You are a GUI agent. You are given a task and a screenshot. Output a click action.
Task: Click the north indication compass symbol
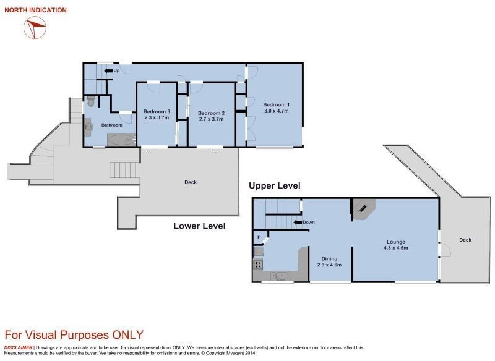[x=35, y=28]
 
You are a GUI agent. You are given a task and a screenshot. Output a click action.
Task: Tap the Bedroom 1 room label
[x=276, y=108]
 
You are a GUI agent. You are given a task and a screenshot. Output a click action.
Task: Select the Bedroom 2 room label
[x=211, y=116]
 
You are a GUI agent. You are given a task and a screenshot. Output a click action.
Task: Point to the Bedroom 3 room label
[x=157, y=114]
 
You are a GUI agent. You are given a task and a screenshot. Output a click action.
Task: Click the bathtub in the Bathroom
[x=121, y=140]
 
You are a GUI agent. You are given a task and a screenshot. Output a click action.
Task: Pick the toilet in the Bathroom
[x=90, y=101]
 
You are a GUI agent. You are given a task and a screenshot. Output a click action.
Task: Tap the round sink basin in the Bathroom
[x=88, y=127]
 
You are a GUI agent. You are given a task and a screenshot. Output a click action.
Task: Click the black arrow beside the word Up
[x=108, y=71]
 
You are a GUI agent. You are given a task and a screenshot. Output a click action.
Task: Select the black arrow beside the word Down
[x=298, y=223]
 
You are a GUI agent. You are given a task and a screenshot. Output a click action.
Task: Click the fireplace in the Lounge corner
[x=364, y=209]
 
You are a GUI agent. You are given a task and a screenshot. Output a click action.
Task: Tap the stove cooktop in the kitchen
[x=258, y=264]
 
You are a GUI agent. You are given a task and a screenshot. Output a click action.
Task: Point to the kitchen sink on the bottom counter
[x=280, y=276]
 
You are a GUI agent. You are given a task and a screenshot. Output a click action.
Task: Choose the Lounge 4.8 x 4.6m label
[x=396, y=245]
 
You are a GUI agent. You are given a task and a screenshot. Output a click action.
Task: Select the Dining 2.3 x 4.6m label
[x=329, y=261]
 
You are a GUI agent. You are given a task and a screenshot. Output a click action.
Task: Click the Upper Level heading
[x=275, y=185]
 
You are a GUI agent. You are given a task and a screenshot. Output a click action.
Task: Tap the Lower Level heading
[x=199, y=226]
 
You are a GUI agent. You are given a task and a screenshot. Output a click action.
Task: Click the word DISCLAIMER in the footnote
[x=18, y=347]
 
